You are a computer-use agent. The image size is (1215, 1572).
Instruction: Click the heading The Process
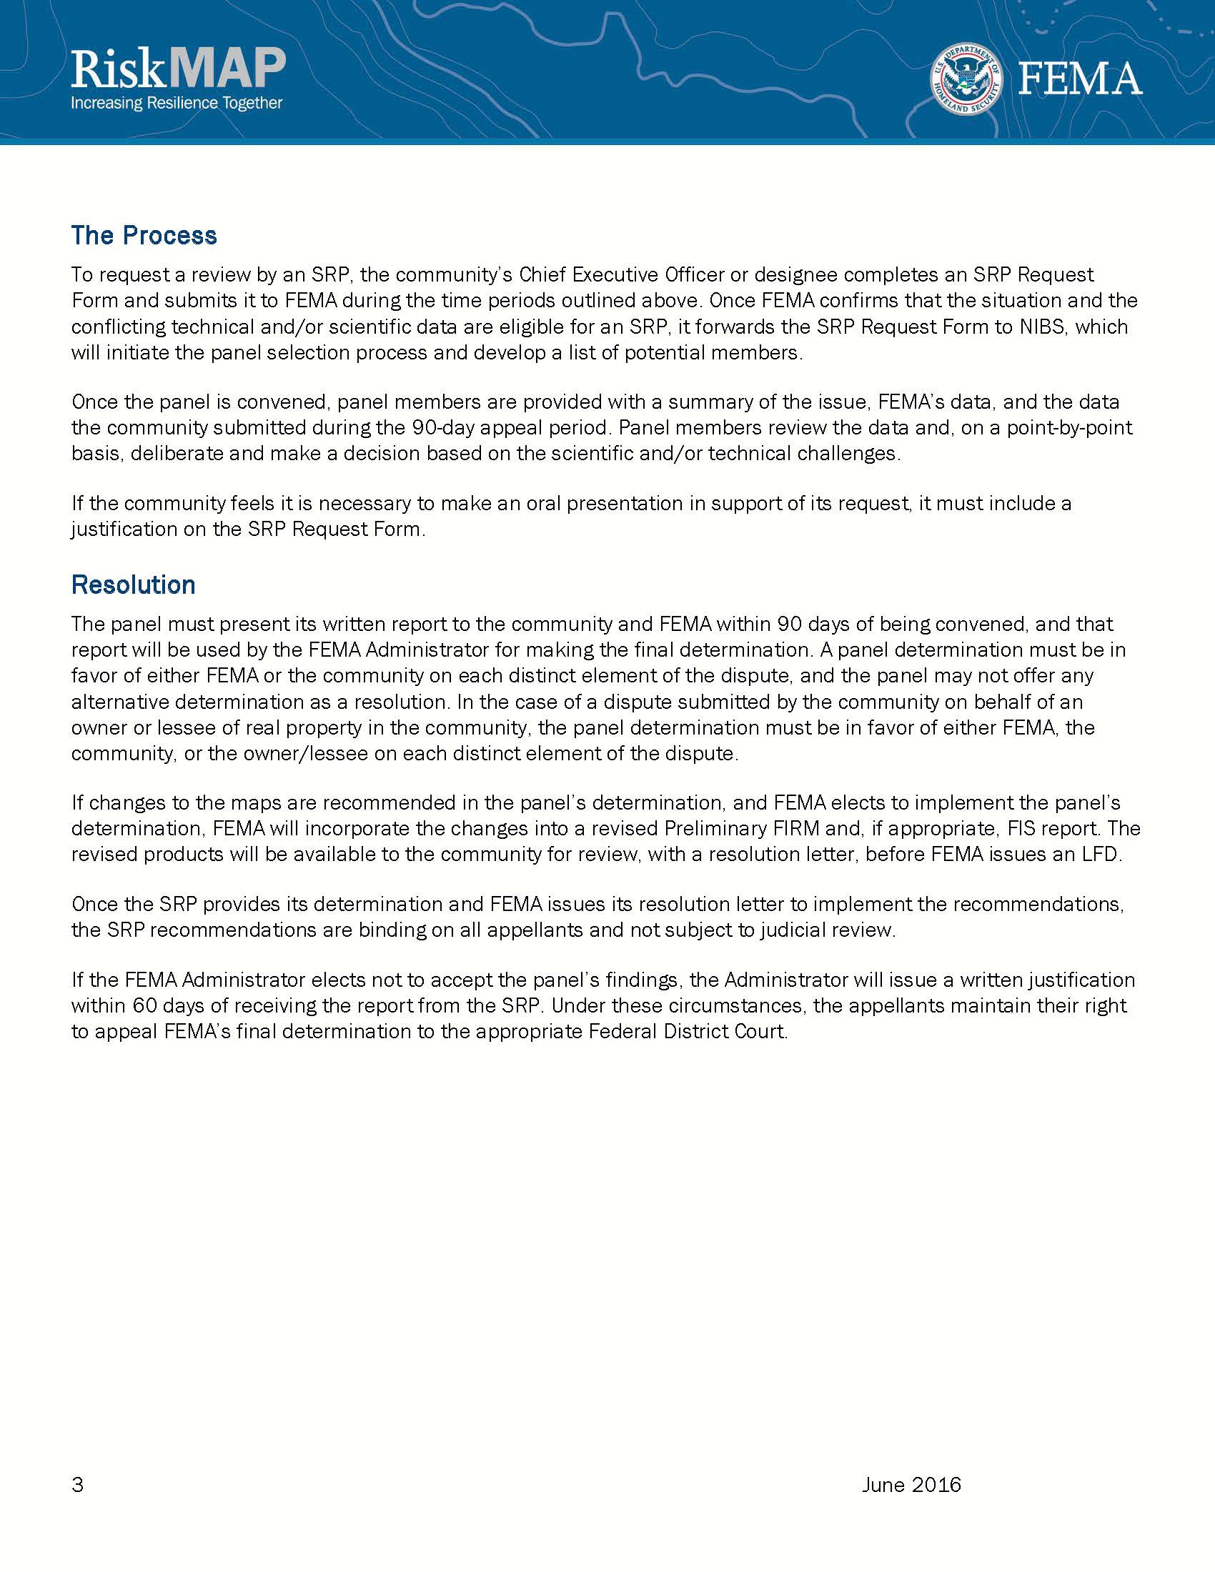pyautogui.click(x=144, y=235)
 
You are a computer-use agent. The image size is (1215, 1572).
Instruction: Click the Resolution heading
pyautogui.click(x=133, y=584)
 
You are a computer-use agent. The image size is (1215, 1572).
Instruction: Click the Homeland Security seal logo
pyautogui.click(x=967, y=79)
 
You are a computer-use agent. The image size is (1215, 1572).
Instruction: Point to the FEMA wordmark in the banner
pyautogui.click(x=1080, y=80)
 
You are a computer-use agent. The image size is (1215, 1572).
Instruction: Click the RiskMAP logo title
pyautogui.click(x=178, y=70)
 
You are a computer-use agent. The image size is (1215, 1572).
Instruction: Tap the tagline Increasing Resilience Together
pyautogui.click(x=177, y=103)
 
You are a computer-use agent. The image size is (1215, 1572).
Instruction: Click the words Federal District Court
pyautogui.click(x=687, y=1030)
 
